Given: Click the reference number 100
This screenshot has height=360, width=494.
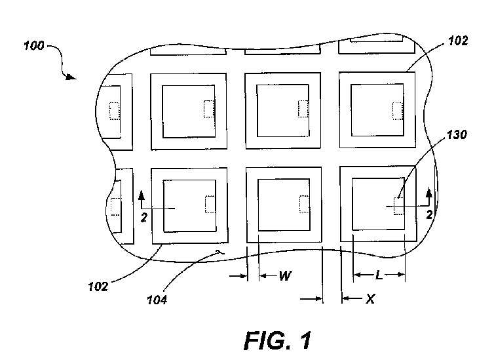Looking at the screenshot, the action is [x=34, y=46].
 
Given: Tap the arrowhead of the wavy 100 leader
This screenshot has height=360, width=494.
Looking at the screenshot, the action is [x=71, y=77].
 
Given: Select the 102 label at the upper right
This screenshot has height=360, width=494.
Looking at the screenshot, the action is [x=458, y=41].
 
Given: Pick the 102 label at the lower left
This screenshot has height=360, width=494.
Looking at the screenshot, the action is [x=98, y=287].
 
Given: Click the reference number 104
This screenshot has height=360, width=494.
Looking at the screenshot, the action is [x=157, y=300].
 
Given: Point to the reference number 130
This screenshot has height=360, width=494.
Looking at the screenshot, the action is [x=457, y=135].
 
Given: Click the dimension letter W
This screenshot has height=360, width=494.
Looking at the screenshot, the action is [x=285, y=276].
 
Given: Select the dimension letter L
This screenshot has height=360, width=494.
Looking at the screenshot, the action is [x=379, y=276].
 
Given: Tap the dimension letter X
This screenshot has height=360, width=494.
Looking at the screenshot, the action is [x=371, y=298].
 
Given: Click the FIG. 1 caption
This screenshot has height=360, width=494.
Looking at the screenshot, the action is [x=278, y=341].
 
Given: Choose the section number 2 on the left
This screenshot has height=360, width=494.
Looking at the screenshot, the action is [x=144, y=218].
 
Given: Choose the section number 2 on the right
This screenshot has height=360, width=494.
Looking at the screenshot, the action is [x=429, y=214].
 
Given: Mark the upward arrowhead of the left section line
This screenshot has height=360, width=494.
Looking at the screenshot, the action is [x=142, y=195].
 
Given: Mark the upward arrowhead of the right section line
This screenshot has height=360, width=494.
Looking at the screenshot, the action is [x=428, y=192].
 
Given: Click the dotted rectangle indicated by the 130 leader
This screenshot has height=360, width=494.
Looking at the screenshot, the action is [x=399, y=206].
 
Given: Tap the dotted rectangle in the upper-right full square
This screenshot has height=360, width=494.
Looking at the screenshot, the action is [x=398, y=111].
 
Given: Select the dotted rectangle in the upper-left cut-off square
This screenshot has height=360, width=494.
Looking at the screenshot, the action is [x=115, y=111].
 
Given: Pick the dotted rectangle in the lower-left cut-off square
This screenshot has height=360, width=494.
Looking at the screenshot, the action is [x=116, y=207].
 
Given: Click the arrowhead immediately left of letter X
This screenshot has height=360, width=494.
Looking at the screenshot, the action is [x=346, y=298].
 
